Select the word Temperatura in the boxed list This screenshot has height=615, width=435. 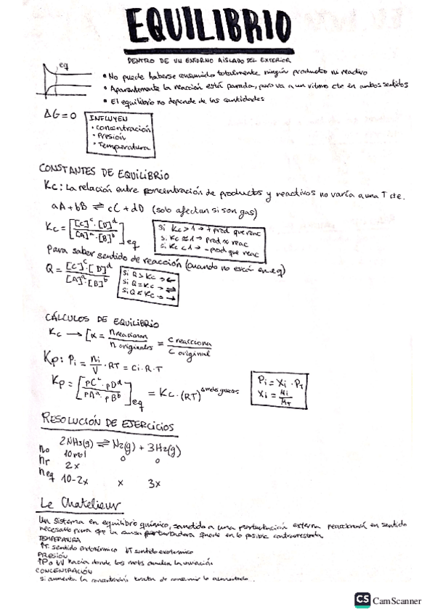(123, 146)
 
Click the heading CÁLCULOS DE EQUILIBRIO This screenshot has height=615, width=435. (102, 321)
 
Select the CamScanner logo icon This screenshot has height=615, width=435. (362, 600)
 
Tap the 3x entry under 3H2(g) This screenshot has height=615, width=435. (155, 482)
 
